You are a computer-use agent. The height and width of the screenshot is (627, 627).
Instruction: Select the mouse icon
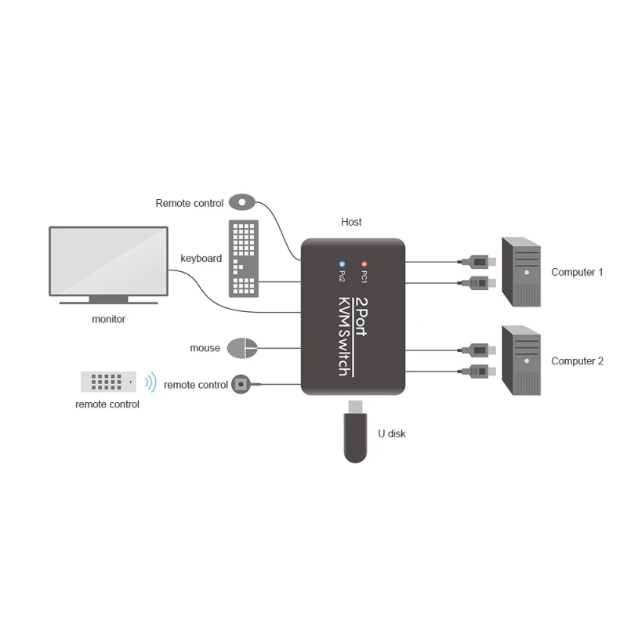tap(241, 347)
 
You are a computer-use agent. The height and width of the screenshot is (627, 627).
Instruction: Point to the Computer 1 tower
tap(521, 272)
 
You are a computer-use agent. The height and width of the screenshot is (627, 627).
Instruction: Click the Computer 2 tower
tap(521, 361)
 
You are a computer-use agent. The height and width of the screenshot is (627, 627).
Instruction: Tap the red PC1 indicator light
tap(364, 265)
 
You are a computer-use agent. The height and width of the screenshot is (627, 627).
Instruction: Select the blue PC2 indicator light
tap(342, 265)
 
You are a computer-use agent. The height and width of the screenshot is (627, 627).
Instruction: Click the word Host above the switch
tap(352, 222)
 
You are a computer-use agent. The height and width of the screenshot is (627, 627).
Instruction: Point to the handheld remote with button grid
tap(108, 382)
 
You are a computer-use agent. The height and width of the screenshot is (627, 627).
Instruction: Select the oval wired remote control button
tap(242, 202)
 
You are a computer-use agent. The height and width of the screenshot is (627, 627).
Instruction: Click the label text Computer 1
tap(577, 272)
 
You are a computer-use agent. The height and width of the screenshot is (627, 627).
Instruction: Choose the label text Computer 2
tap(577, 361)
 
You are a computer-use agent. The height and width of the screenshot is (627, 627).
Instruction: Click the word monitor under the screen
tap(108, 319)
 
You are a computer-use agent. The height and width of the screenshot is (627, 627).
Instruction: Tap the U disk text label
tap(392, 433)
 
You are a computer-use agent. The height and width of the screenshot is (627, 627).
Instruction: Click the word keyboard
tap(201, 258)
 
